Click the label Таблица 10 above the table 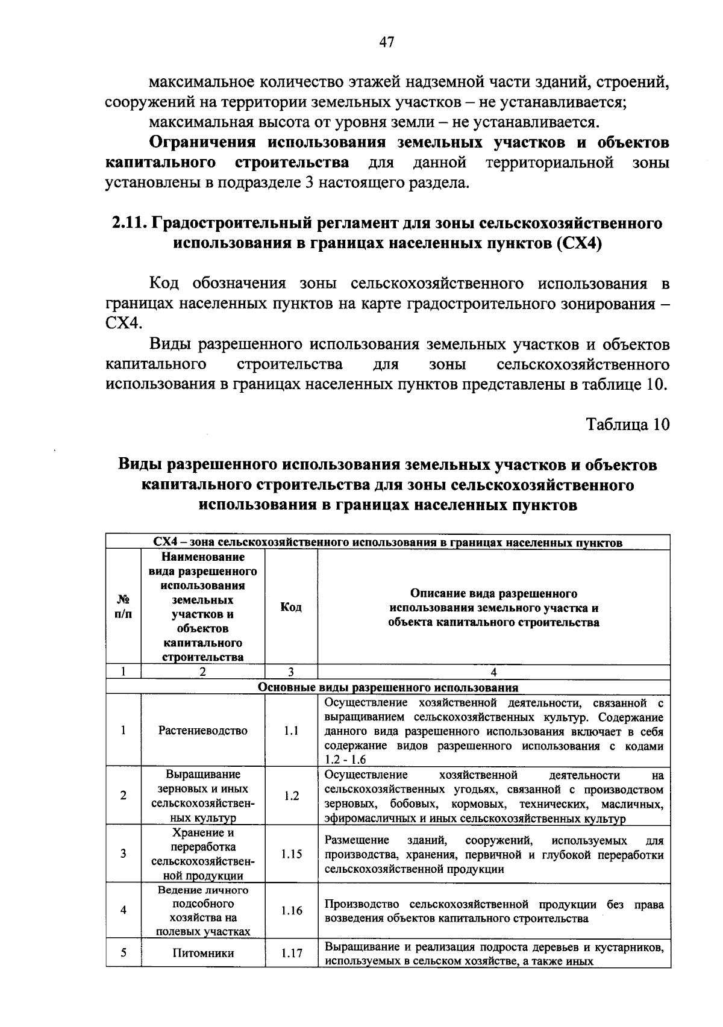[628, 424]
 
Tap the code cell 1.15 [291, 854]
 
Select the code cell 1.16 [291, 910]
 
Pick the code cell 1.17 [291, 954]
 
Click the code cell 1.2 [291, 796]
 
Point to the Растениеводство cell [202, 731]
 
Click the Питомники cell [202, 954]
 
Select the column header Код [291, 607]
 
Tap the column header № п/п [123, 607]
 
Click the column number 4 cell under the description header [493, 672]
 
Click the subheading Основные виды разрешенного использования [388, 687]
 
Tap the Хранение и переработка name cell [202, 854]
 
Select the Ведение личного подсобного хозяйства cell [202, 910]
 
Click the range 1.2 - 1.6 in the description [345, 760]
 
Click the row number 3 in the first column [123, 854]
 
